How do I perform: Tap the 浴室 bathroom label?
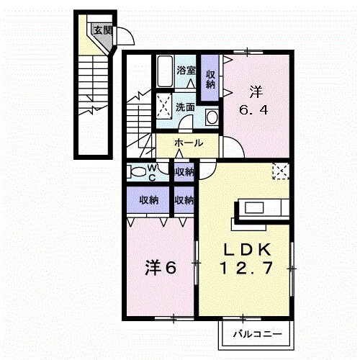click(186, 71)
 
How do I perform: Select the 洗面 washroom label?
click(185, 107)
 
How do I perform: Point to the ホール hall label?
click(188, 144)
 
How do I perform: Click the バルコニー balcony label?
click(256, 333)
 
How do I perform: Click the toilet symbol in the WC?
click(135, 171)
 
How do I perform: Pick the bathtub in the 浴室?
click(163, 71)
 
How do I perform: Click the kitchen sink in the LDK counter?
click(256, 208)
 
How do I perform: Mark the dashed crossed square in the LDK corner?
click(279, 171)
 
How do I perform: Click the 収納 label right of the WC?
click(184, 172)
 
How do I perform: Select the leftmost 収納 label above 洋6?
click(149, 199)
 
